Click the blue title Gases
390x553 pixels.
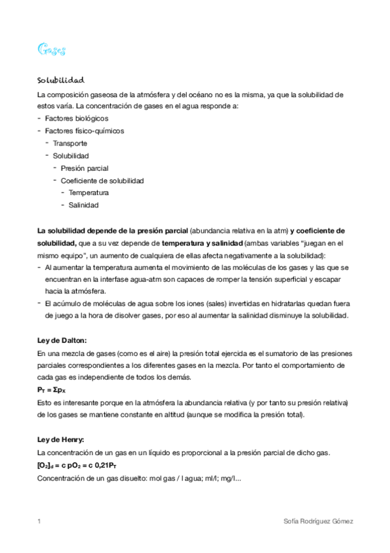(x=51, y=50)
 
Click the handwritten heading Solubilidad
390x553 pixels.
(x=61, y=80)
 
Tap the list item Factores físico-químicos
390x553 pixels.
(x=84, y=130)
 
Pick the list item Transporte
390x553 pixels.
(x=70, y=143)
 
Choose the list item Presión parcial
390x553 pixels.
(x=85, y=168)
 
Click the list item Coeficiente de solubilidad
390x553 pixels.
(x=102, y=181)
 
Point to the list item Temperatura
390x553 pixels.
(x=89, y=193)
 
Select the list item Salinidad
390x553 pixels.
(x=83, y=205)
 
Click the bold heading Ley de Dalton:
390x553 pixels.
(x=62, y=340)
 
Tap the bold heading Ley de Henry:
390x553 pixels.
(x=61, y=439)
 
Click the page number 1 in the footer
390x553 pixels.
(x=40, y=521)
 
